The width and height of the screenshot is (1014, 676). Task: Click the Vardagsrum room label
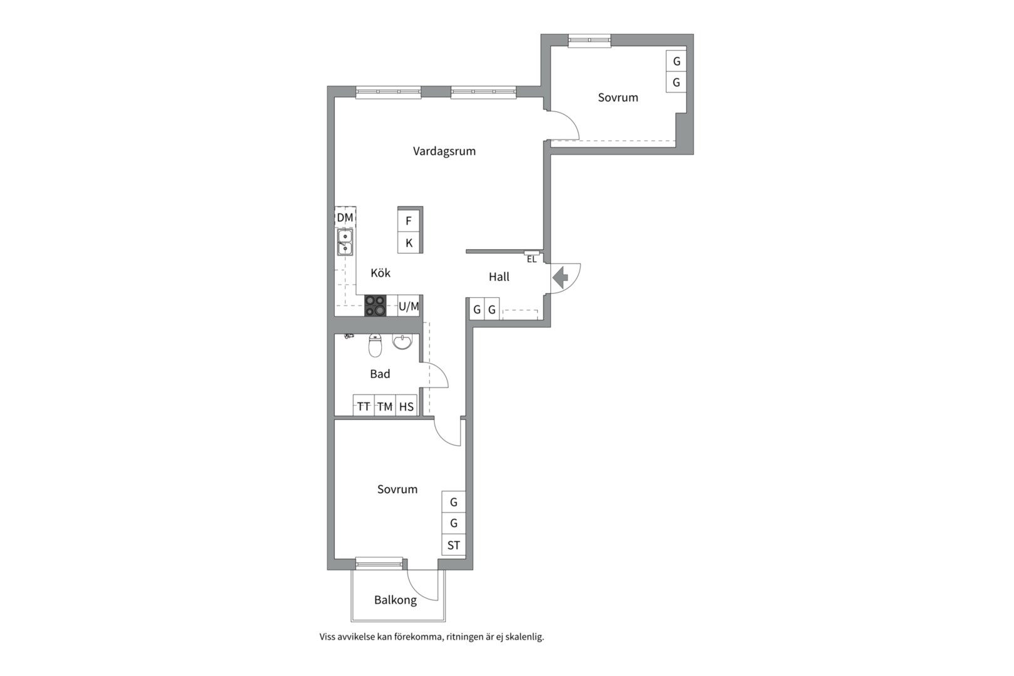(x=444, y=151)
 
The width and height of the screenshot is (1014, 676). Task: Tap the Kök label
(x=381, y=272)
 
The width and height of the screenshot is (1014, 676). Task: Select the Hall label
(x=499, y=277)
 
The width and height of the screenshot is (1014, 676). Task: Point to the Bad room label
(x=380, y=374)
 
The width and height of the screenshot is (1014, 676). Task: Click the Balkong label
(x=395, y=600)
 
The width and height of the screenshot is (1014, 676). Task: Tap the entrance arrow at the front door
(x=560, y=277)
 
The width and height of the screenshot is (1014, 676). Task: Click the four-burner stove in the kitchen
(x=376, y=305)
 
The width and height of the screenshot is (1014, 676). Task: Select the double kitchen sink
(x=345, y=242)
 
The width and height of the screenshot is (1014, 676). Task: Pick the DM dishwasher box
(x=345, y=217)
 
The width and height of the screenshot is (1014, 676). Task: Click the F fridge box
(x=409, y=220)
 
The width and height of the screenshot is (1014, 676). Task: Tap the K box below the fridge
(x=409, y=243)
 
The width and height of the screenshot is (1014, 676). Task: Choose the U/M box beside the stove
(x=409, y=306)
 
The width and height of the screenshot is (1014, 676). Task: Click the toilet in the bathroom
(x=376, y=345)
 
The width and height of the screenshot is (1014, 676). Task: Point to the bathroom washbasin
(x=402, y=342)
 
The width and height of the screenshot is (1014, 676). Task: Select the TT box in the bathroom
(x=364, y=406)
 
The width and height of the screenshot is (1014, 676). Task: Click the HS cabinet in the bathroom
(x=406, y=406)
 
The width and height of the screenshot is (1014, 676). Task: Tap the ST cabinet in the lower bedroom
(x=454, y=545)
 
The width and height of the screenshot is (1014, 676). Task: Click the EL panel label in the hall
(x=531, y=259)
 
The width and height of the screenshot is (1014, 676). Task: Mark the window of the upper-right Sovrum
(x=590, y=41)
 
